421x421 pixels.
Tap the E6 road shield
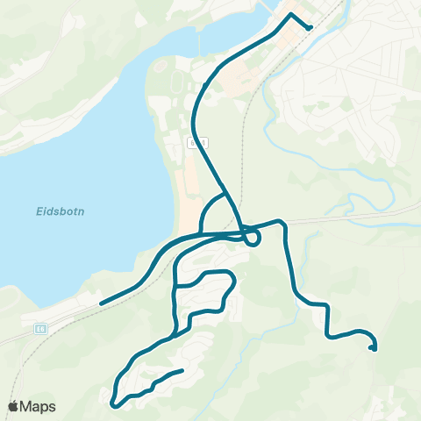(40, 328)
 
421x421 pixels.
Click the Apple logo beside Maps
(14, 406)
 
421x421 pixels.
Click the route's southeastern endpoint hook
(374, 349)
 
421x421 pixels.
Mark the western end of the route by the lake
(102, 303)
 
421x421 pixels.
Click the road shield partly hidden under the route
(198, 140)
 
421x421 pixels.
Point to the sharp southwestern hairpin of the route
(115, 404)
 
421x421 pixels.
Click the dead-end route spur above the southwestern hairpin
(181, 371)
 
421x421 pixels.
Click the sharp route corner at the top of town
(291, 15)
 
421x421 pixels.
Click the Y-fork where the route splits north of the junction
(226, 194)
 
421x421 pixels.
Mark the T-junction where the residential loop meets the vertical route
(175, 286)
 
